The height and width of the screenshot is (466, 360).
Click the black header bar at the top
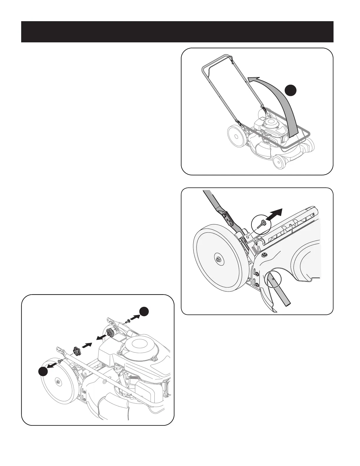click(177, 32)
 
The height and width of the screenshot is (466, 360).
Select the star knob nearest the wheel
click(77, 351)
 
